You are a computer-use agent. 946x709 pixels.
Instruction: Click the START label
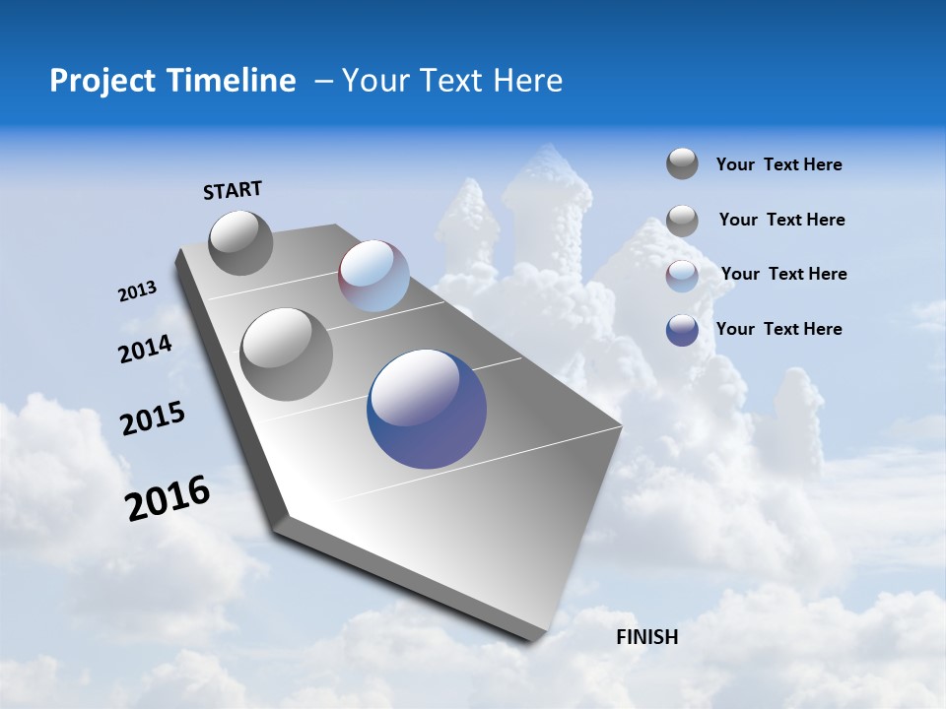[x=233, y=190]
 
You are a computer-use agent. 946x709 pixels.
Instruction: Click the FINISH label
[x=647, y=637]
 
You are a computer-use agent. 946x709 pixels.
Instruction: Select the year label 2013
[x=137, y=291]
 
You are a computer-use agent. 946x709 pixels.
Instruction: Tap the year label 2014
[x=145, y=350]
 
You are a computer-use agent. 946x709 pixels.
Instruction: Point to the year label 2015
[x=153, y=419]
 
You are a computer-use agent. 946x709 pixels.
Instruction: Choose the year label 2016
[x=168, y=499]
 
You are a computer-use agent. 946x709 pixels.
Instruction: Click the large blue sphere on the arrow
[x=427, y=409]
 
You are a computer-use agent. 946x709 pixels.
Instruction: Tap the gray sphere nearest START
[x=240, y=242]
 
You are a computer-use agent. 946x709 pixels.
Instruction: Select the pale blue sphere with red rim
[x=373, y=276]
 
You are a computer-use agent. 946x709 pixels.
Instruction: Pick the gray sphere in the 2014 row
[x=287, y=354]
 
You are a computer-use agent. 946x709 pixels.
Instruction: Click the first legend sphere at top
[x=682, y=163]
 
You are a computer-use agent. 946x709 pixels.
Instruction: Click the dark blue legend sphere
[x=682, y=330]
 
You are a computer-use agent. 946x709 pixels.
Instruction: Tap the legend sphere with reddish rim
[x=682, y=276]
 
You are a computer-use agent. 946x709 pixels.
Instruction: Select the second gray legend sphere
[x=682, y=221]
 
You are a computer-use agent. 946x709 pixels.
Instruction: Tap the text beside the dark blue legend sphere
[x=778, y=329]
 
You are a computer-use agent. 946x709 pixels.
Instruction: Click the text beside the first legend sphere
[x=778, y=164]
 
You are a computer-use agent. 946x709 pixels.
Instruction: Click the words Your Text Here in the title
[x=452, y=81]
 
